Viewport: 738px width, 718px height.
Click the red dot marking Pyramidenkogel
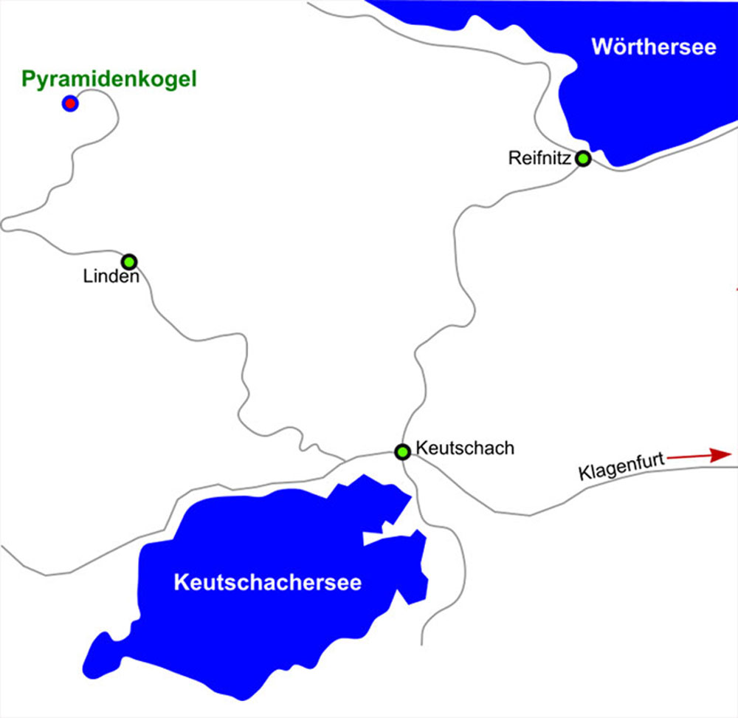pyautogui.click(x=69, y=103)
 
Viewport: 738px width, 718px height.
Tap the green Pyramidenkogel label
pyautogui.click(x=109, y=79)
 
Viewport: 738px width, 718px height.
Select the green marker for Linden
pyautogui.click(x=130, y=261)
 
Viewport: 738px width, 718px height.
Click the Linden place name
pyautogui.click(x=112, y=278)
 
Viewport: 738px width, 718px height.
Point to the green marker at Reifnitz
pyautogui.click(x=583, y=158)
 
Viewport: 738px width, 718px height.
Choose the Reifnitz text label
pyautogui.click(x=539, y=158)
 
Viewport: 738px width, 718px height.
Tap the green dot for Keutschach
pyautogui.click(x=402, y=451)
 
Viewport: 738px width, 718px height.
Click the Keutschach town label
pyautogui.click(x=464, y=448)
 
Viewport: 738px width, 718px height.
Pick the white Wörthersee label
pyautogui.click(x=654, y=47)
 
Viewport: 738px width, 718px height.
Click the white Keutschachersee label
pyautogui.click(x=268, y=583)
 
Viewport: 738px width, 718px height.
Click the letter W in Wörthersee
pyautogui.click(x=601, y=47)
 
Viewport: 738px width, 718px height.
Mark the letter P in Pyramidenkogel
pyautogui.click(x=27, y=79)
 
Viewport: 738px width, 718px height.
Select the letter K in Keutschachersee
pyautogui.click(x=180, y=583)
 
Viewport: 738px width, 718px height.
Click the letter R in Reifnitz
pyautogui.click(x=514, y=158)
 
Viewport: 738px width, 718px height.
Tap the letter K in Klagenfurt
pyautogui.click(x=584, y=473)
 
